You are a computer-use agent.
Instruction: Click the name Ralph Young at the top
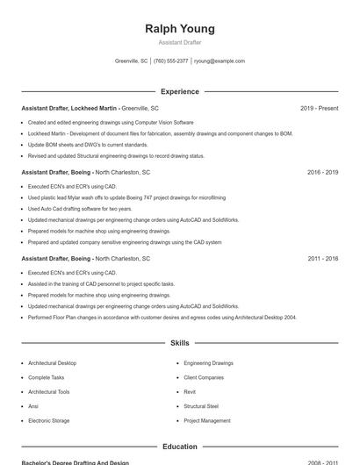179,28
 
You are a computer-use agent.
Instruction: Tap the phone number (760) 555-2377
170,61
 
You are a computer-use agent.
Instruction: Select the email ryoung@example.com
219,61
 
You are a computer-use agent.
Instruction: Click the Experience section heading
179,91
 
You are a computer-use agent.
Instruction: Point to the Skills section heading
179,343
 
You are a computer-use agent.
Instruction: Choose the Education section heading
179,447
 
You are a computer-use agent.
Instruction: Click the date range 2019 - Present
319,108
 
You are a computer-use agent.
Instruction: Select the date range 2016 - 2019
322,172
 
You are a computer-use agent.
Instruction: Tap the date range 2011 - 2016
322,259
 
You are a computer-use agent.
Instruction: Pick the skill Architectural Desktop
52,363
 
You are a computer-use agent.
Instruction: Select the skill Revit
190,392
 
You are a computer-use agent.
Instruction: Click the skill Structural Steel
201,406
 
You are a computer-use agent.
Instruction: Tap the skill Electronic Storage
48,421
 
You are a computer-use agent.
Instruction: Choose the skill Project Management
207,421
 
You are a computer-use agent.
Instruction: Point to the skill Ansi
33,406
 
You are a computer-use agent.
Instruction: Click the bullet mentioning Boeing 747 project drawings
126,197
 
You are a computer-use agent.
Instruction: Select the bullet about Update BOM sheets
88,145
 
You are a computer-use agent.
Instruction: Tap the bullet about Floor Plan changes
162,318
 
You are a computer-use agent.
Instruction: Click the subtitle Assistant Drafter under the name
179,42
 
